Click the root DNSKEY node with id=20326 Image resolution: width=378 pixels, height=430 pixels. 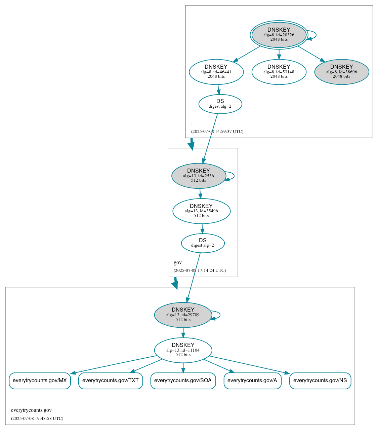coord(279,35)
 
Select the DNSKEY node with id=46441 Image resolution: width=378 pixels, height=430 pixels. coord(216,72)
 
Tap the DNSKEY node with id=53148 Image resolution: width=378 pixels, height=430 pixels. coord(279,72)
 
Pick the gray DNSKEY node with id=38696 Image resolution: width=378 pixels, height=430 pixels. coord(341,72)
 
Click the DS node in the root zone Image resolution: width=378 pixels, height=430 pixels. coord(220,104)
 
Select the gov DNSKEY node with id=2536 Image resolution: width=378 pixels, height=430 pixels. coord(199,176)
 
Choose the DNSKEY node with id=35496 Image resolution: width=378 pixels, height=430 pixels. coord(201,211)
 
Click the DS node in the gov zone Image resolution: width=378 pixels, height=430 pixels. coord(203,243)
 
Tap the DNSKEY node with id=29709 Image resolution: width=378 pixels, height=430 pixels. coord(183,315)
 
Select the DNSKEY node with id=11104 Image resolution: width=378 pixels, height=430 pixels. coord(183,350)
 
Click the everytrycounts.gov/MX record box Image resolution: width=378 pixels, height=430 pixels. coord(40,381)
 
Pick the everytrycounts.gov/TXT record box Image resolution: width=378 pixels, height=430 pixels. coord(111,381)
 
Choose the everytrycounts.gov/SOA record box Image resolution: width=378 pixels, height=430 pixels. coord(183,381)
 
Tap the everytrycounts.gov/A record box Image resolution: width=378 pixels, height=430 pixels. coord(252,381)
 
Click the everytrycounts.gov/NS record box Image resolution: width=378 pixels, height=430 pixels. coord(320,381)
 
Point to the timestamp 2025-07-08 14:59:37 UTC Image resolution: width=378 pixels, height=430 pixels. coord(217,132)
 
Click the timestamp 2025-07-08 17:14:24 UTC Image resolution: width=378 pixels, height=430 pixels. coord(200,271)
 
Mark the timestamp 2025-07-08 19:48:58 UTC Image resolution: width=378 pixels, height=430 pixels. coord(37,419)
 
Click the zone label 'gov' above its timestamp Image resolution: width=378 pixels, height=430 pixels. coord(177,262)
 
